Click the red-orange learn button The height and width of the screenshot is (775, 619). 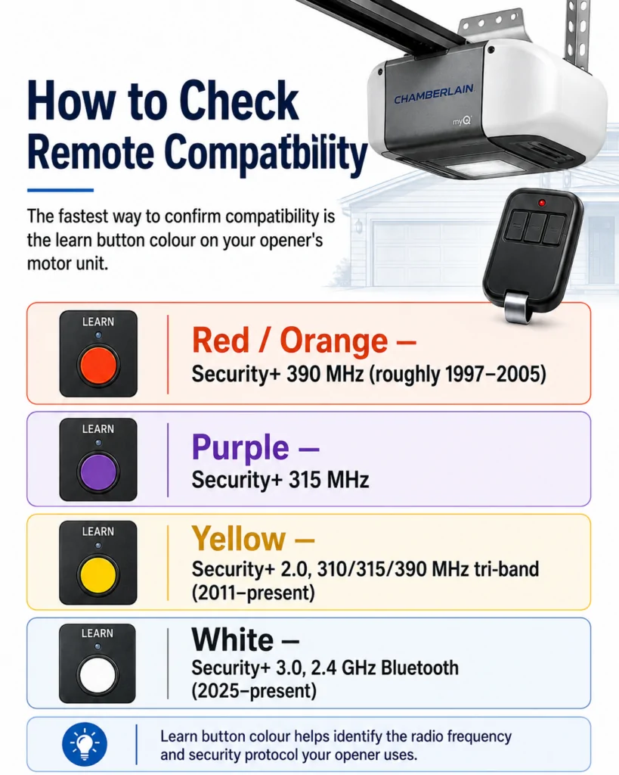pyautogui.click(x=98, y=366)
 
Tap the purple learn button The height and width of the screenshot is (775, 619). pyautogui.click(x=98, y=472)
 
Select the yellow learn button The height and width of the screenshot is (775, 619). pyautogui.click(x=98, y=575)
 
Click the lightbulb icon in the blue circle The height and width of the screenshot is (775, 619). pyautogui.click(x=85, y=745)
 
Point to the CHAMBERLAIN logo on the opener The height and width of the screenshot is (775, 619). pyautogui.click(x=434, y=95)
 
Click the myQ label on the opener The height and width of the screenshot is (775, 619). pyautogui.click(x=462, y=120)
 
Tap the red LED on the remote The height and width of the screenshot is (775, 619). pyautogui.click(x=542, y=203)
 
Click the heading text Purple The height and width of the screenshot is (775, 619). pyautogui.click(x=240, y=447)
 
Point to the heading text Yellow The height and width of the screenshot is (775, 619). pyautogui.click(x=239, y=538)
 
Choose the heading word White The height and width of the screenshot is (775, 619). pyautogui.click(x=233, y=640)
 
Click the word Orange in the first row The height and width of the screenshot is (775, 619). pyautogui.click(x=334, y=341)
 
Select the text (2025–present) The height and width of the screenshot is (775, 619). pyautogui.click(x=254, y=690)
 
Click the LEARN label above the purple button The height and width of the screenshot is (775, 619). pyautogui.click(x=98, y=429)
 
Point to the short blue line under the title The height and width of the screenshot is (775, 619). pyautogui.click(x=60, y=190)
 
